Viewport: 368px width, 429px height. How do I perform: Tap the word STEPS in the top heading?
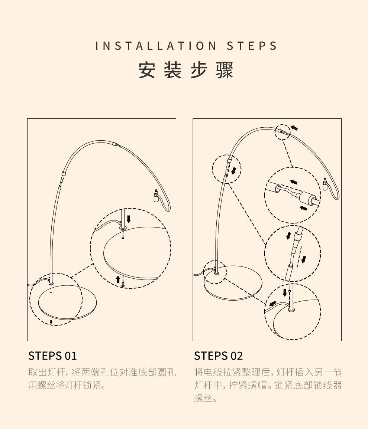pos(252,46)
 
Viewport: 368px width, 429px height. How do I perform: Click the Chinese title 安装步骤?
pos(186,70)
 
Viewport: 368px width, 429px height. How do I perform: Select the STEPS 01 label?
pos(52,356)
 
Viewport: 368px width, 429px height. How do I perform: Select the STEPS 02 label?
pos(218,356)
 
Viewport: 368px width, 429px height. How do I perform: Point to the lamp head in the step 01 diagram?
pos(156,195)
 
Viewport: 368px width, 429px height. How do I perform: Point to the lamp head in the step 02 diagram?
pos(325,184)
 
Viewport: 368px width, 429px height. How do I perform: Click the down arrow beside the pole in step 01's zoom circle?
pos(129,218)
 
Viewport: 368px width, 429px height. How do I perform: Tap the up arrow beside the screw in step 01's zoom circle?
pos(118,279)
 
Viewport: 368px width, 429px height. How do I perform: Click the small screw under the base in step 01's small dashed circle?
pos(51,321)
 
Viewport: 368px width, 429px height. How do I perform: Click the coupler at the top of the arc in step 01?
pos(116,144)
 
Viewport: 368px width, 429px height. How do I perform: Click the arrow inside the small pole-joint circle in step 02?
pos(233,171)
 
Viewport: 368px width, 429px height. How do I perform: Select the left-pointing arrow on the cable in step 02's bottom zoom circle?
pos(273,304)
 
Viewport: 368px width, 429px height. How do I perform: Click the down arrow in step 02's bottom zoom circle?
pos(285,293)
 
